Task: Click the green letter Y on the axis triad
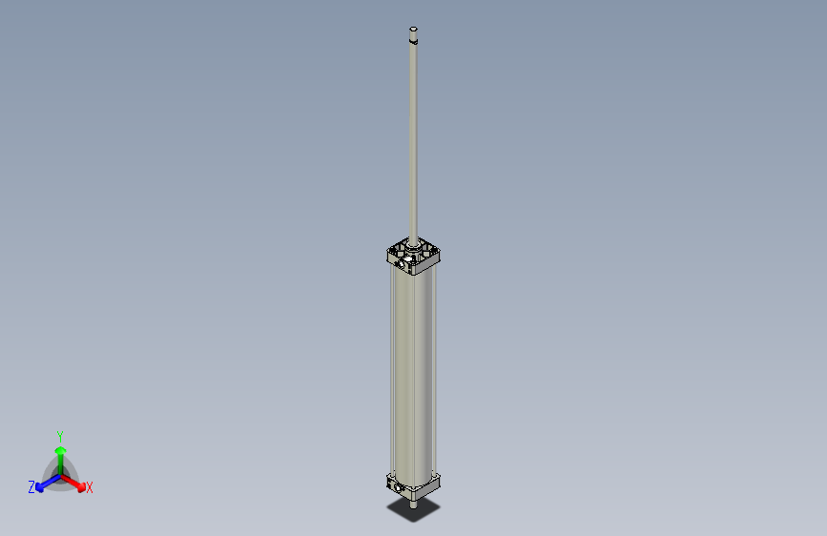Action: tap(60, 436)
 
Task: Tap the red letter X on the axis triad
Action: tap(90, 488)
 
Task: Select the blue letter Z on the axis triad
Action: tap(31, 486)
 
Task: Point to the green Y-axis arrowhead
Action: tap(60, 450)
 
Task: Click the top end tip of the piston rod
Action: tap(413, 29)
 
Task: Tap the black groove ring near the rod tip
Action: tap(413, 42)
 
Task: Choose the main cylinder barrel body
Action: tap(412, 372)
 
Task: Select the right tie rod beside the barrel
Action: tap(436, 372)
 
